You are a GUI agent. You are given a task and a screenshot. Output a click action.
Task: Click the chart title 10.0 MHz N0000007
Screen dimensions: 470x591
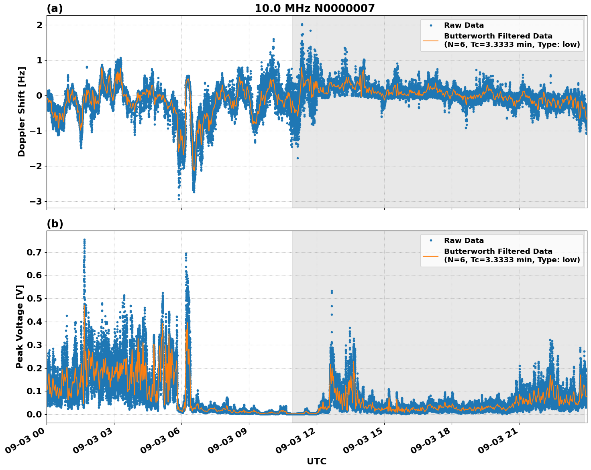click(x=314, y=8)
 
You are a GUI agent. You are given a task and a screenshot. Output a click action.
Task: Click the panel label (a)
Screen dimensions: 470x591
click(x=55, y=8)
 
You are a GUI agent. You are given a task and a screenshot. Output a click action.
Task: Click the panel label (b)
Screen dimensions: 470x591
click(x=55, y=224)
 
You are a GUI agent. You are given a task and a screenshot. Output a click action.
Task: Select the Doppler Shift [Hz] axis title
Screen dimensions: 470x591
click(x=22, y=111)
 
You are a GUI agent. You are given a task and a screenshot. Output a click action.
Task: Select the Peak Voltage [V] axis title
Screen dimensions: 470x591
click(x=20, y=326)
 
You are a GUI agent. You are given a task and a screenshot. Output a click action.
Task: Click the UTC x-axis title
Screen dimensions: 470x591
click(x=316, y=461)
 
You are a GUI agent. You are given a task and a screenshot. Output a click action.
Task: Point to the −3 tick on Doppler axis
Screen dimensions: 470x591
click(x=37, y=201)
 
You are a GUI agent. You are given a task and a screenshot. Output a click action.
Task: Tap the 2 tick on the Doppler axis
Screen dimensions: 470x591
click(x=39, y=25)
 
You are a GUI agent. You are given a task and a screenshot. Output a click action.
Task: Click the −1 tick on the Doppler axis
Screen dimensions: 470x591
click(x=37, y=131)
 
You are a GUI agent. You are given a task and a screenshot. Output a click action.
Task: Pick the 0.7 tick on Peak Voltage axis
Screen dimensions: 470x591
click(x=35, y=252)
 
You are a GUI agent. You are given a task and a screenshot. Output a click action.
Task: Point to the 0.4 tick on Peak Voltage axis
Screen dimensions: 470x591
click(x=35, y=322)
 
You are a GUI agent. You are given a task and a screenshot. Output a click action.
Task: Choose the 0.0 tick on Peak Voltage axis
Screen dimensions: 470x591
click(x=35, y=414)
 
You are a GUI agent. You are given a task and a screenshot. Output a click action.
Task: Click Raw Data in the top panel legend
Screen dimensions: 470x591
click(x=464, y=25)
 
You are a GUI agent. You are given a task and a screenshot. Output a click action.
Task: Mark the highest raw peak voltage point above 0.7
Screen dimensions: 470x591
click(x=84, y=240)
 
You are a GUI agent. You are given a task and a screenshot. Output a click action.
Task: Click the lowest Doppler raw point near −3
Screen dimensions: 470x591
click(x=179, y=199)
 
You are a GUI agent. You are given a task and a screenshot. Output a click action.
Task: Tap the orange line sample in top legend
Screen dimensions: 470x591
click(x=430, y=40)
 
